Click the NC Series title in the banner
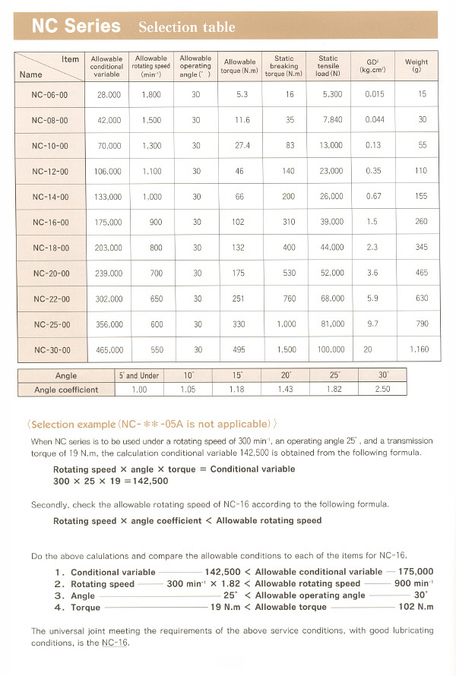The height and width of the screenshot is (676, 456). pyautogui.click(x=76, y=26)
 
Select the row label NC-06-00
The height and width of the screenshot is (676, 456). pyautogui.click(x=50, y=94)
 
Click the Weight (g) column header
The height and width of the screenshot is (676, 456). pyautogui.click(x=416, y=66)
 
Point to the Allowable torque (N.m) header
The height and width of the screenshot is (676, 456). pyautogui.click(x=239, y=67)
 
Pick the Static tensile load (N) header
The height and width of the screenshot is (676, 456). pyautogui.click(x=328, y=66)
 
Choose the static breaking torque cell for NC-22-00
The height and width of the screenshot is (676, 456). pyautogui.click(x=290, y=299)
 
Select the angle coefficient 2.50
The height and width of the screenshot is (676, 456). pyautogui.click(x=384, y=390)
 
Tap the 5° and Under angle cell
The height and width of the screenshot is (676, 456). pyautogui.click(x=139, y=376)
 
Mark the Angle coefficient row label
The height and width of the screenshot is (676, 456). pyautogui.click(x=66, y=390)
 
